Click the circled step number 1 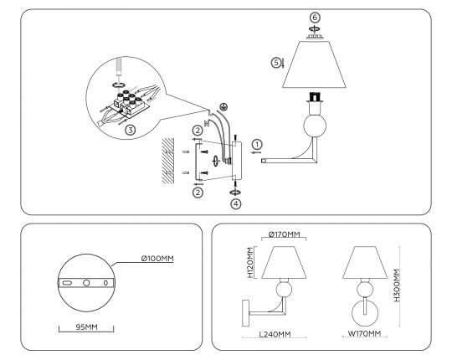[x=257, y=144]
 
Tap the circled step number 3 [x=130, y=130]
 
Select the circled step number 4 [x=236, y=203]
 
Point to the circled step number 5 [x=276, y=63]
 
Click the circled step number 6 [x=315, y=18]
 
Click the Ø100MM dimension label [x=157, y=258]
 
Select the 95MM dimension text [x=86, y=327]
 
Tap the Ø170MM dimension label [x=284, y=234]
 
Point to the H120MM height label [x=250, y=262]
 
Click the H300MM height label [x=397, y=285]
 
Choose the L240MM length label [x=275, y=334]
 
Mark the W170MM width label [x=364, y=333]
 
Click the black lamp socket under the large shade [x=315, y=96]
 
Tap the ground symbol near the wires [x=223, y=107]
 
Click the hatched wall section [x=167, y=161]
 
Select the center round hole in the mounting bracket [x=86, y=283]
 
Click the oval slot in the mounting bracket [x=67, y=283]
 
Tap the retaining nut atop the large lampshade [x=315, y=37]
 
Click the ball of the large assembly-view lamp [x=315, y=126]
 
